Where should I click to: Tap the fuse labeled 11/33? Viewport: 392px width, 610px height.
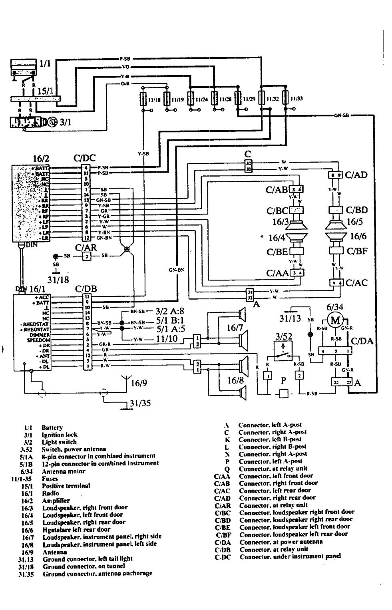285,98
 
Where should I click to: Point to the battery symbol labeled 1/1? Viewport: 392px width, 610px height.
24,68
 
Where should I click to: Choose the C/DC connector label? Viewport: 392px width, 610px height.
85,158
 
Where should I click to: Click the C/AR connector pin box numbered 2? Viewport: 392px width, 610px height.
86,256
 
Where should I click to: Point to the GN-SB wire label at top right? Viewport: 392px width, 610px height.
341,115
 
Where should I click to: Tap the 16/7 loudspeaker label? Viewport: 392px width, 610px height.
235,328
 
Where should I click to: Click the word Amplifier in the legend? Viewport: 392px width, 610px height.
56,501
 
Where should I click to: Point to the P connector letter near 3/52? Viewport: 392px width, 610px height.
283,380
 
